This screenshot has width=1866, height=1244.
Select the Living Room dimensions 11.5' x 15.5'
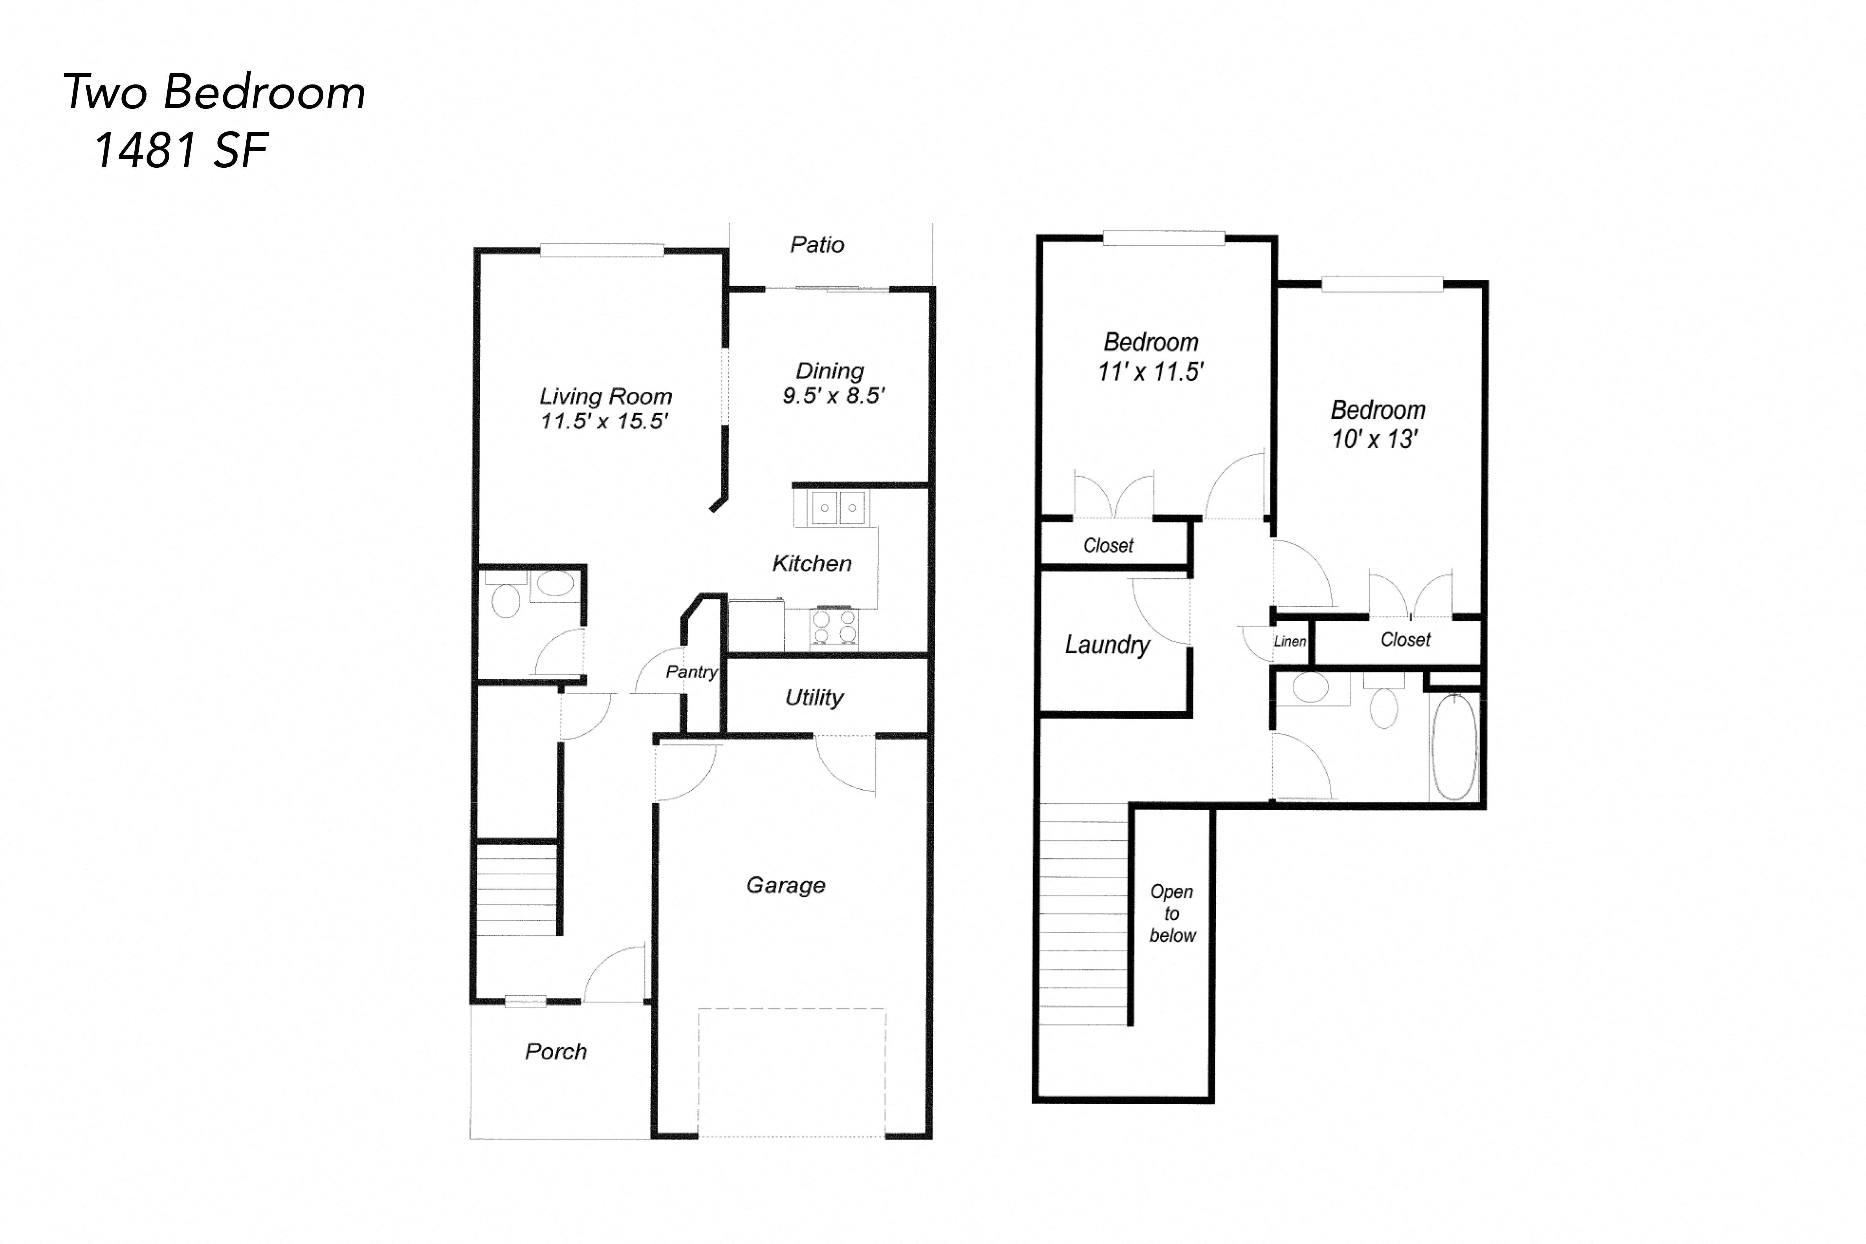pos(605,421)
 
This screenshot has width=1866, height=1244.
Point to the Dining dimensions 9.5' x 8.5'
pos(833,395)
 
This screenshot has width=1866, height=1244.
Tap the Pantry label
pos(691,672)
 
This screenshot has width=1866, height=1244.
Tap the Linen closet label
pos(1289,641)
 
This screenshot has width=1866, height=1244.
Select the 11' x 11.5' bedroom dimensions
pos(1150,371)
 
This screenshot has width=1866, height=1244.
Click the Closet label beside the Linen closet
pos(1405,639)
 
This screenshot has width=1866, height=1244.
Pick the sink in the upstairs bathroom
pos(1311,687)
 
